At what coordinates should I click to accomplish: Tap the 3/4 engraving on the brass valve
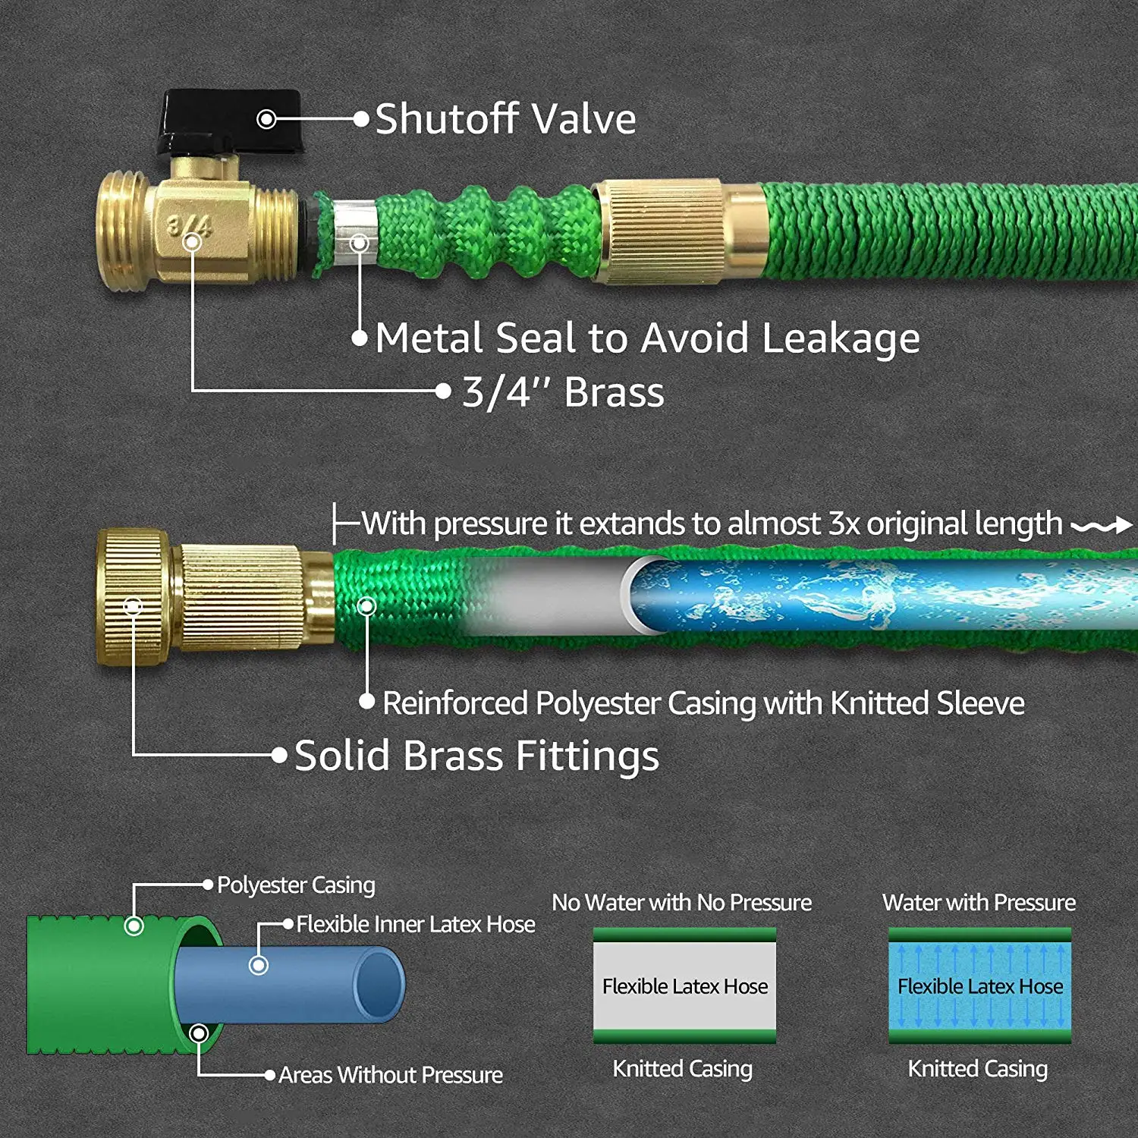[x=188, y=225]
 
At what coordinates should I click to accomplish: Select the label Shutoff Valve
[x=505, y=119]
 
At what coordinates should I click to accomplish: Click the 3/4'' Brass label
[x=563, y=393]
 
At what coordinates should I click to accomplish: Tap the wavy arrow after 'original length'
[x=1101, y=525]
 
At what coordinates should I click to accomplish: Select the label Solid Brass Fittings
[x=476, y=756]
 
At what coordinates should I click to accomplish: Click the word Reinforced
[x=455, y=703]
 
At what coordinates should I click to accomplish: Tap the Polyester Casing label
[x=296, y=885]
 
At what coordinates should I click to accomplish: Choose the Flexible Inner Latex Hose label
[x=415, y=924]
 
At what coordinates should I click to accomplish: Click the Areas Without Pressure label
[x=390, y=1075]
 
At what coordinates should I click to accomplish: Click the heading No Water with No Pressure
[x=681, y=903]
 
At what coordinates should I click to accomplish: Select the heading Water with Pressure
[x=979, y=903]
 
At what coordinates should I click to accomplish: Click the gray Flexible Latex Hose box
[x=684, y=986]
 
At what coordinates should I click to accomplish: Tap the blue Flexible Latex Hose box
[x=979, y=986]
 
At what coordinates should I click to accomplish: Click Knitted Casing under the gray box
[x=682, y=1069]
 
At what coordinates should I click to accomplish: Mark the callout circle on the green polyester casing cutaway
[x=134, y=926]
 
